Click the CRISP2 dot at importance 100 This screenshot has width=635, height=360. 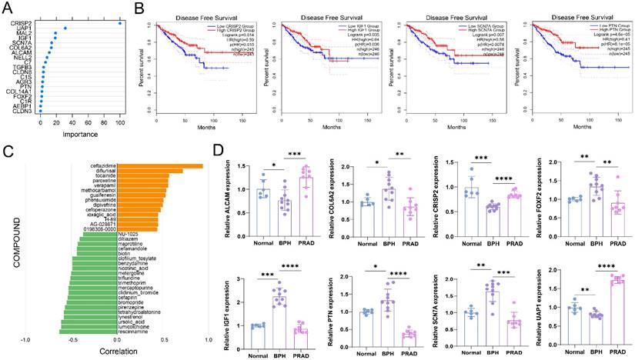(120, 23)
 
